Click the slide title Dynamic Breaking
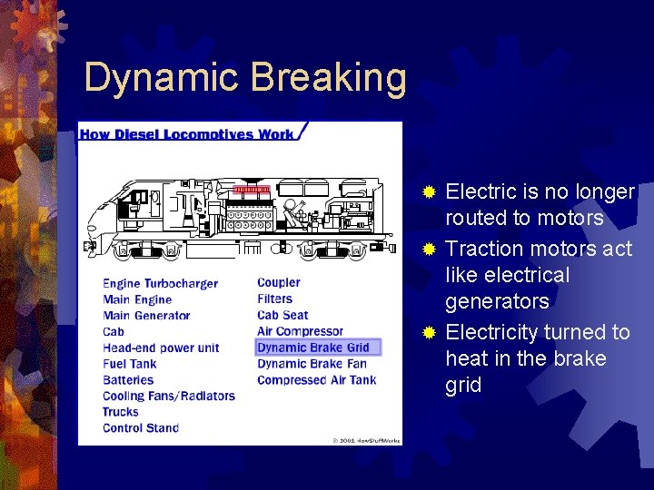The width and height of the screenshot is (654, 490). pyautogui.click(x=245, y=78)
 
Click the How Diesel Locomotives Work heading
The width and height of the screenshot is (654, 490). pyautogui.click(x=187, y=134)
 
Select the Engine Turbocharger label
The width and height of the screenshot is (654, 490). pyautogui.click(x=160, y=284)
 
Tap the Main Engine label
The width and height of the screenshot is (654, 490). pyautogui.click(x=137, y=299)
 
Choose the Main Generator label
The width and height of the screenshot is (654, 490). pyautogui.click(x=146, y=316)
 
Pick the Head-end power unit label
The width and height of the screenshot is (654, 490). pyautogui.click(x=161, y=348)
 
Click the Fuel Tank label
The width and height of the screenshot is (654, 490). pyautogui.click(x=129, y=364)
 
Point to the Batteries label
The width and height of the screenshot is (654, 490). pyautogui.click(x=129, y=379)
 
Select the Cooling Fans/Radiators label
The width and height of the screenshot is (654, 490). pyautogui.click(x=168, y=396)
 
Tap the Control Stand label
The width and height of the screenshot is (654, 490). pyautogui.click(x=141, y=427)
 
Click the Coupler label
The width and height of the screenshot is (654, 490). pyautogui.click(x=278, y=283)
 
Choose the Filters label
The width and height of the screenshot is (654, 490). pyautogui.click(x=274, y=299)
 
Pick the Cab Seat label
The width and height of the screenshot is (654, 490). pyautogui.click(x=282, y=315)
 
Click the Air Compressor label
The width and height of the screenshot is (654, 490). pyautogui.click(x=300, y=331)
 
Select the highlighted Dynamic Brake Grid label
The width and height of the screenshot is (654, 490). pyautogui.click(x=313, y=348)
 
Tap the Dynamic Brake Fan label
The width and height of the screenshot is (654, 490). pyautogui.click(x=312, y=364)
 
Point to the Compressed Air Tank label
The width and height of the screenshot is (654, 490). pyautogui.click(x=316, y=379)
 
